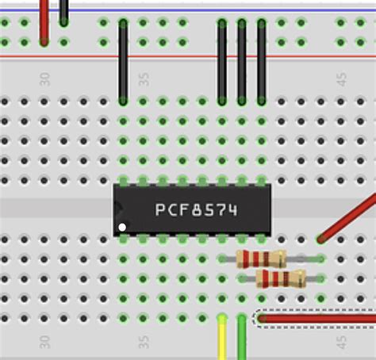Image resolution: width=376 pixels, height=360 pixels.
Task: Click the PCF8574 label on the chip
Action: click(x=196, y=210)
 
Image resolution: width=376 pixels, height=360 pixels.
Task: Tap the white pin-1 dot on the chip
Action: click(x=122, y=228)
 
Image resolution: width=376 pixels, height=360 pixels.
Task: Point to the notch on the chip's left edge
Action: click(x=117, y=208)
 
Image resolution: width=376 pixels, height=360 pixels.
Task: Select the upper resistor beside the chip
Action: click(x=261, y=258)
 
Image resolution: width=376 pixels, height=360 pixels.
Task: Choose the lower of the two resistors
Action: click(x=281, y=278)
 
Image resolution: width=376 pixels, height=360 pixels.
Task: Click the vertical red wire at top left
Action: click(x=44, y=20)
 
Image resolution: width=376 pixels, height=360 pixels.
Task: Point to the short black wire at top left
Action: click(x=63, y=11)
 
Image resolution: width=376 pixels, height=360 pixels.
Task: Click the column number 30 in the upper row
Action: click(x=44, y=80)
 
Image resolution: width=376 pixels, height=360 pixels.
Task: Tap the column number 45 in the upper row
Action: click(x=341, y=80)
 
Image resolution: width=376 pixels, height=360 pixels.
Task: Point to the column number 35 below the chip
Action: click(x=144, y=341)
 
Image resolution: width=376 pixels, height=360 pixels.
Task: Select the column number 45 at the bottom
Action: click(x=341, y=341)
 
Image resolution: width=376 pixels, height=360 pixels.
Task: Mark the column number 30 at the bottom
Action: click(x=44, y=341)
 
